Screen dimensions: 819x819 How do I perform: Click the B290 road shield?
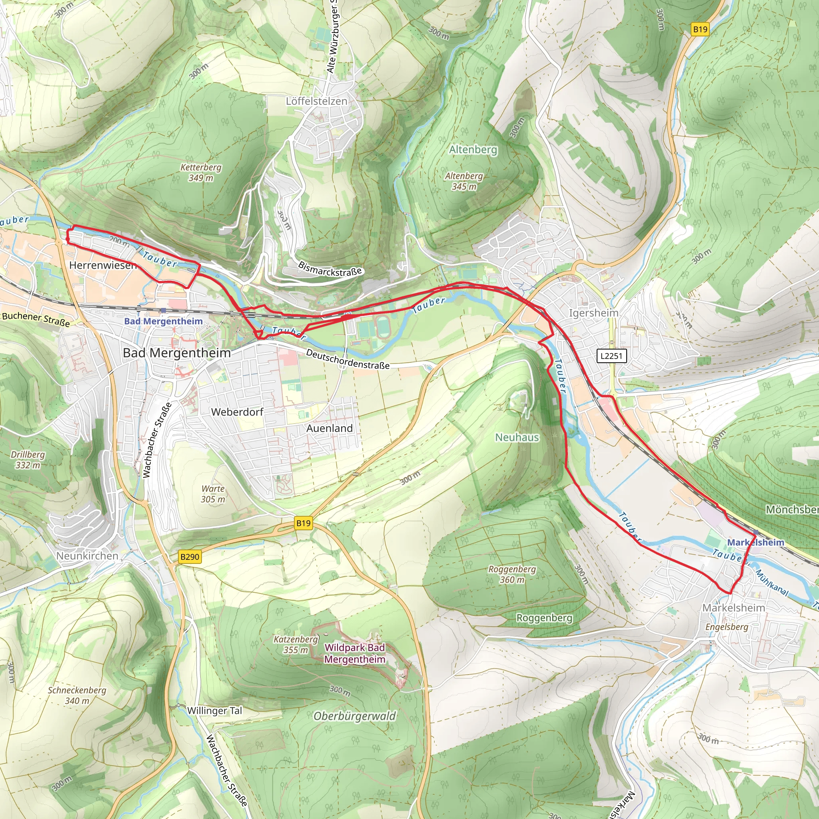tap(190, 557)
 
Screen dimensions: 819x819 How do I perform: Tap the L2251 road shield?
tap(611, 356)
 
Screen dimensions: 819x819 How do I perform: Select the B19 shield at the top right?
tap(700, 29)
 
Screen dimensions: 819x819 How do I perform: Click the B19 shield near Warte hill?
tap(303, 523)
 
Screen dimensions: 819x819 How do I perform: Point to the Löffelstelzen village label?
tap(316, 101)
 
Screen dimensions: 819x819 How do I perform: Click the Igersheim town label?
tap(593, 313)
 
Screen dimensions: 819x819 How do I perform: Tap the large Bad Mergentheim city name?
tap(177, 353)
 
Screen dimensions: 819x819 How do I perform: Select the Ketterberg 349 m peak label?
tap(200, 172)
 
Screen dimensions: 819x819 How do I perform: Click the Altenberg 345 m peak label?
tap(464, 181)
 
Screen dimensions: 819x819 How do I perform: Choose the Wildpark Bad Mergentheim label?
tap(355, 653)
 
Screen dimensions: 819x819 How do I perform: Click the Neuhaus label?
tap(517, 437)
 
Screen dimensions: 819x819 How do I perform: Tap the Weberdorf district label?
tap(237, 411)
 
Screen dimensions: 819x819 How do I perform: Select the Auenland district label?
tap(330, 428)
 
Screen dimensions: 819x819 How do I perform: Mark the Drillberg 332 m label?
tap(28, 459)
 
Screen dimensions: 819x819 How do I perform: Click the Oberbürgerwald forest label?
tap(354, 716)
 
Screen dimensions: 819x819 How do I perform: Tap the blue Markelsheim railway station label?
tap(755, 542)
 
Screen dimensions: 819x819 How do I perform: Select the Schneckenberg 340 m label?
tap(77, 695)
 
